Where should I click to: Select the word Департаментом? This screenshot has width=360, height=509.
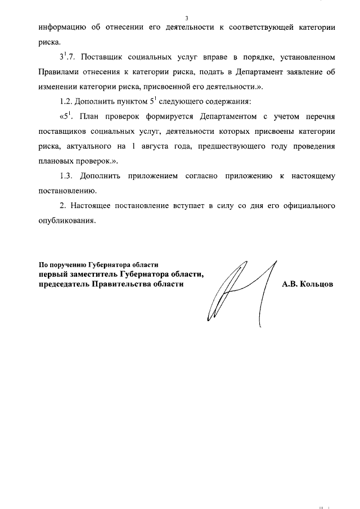click(228, 117)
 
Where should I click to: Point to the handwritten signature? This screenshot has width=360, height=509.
click(239, 290)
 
